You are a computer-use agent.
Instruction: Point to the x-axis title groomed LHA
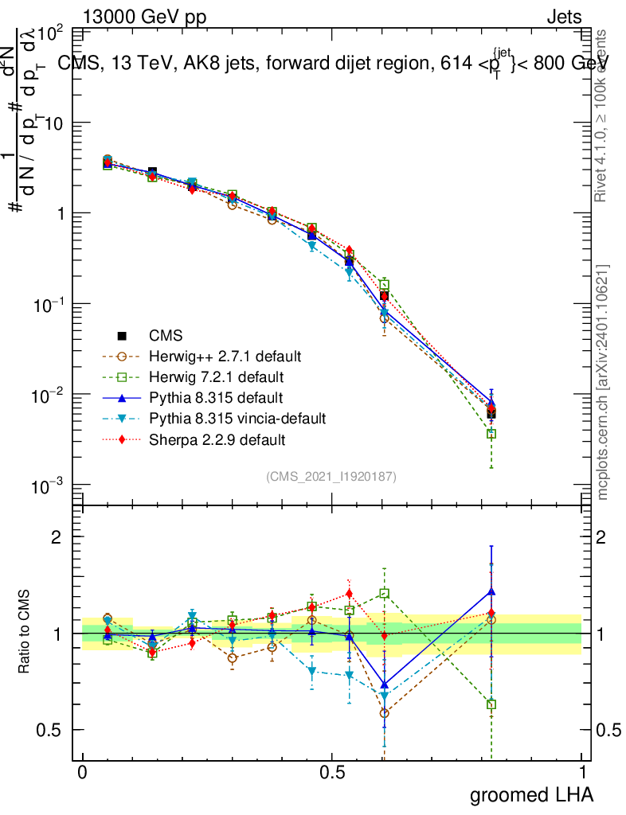[531, 794]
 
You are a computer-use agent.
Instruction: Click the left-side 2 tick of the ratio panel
[57, 537]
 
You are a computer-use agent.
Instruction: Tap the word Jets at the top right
[563, 17]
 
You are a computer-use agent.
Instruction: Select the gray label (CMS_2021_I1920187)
[331, 476]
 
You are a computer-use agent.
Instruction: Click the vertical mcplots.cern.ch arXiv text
[603, 382]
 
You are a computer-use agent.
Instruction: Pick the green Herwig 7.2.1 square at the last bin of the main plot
[491, 434]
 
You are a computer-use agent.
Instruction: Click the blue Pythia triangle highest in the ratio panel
[491, 591]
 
